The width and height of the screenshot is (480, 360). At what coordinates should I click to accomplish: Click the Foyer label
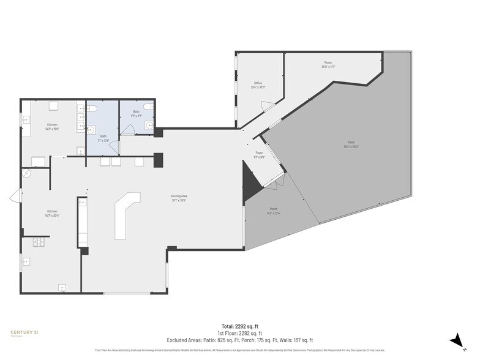259,154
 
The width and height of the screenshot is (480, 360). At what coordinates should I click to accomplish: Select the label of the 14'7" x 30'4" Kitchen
52,212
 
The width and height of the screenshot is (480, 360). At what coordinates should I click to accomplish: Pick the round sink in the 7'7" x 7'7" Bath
148,125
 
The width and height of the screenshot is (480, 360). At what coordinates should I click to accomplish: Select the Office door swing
267,107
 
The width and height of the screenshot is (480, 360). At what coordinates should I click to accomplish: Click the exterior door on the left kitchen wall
15,198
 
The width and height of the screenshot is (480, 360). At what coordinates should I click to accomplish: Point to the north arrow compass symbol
456,340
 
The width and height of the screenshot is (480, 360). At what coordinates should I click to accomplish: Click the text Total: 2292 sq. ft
240,326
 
